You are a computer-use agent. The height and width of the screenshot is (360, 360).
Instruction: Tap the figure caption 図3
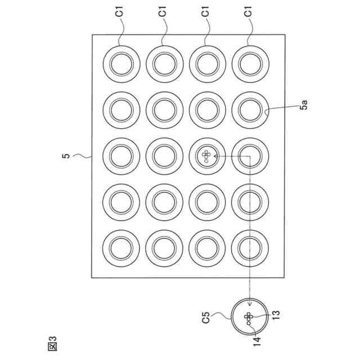(x=54, y=341)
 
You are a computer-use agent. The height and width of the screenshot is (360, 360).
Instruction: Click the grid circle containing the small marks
(x=207, y=156)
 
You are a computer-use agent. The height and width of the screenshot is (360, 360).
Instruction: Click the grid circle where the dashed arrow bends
(x=250, y=156)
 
